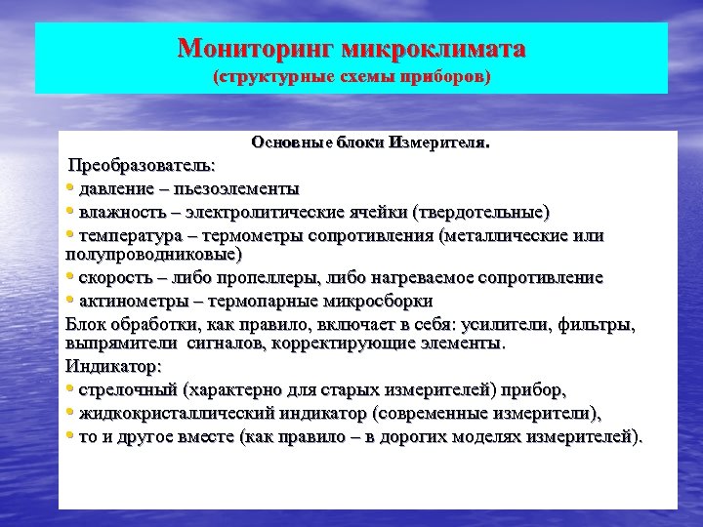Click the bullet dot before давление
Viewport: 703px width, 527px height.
70,187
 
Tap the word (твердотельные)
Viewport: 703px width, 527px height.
482,212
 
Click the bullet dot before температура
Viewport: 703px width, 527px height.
70,235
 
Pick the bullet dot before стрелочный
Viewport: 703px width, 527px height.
70,390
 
